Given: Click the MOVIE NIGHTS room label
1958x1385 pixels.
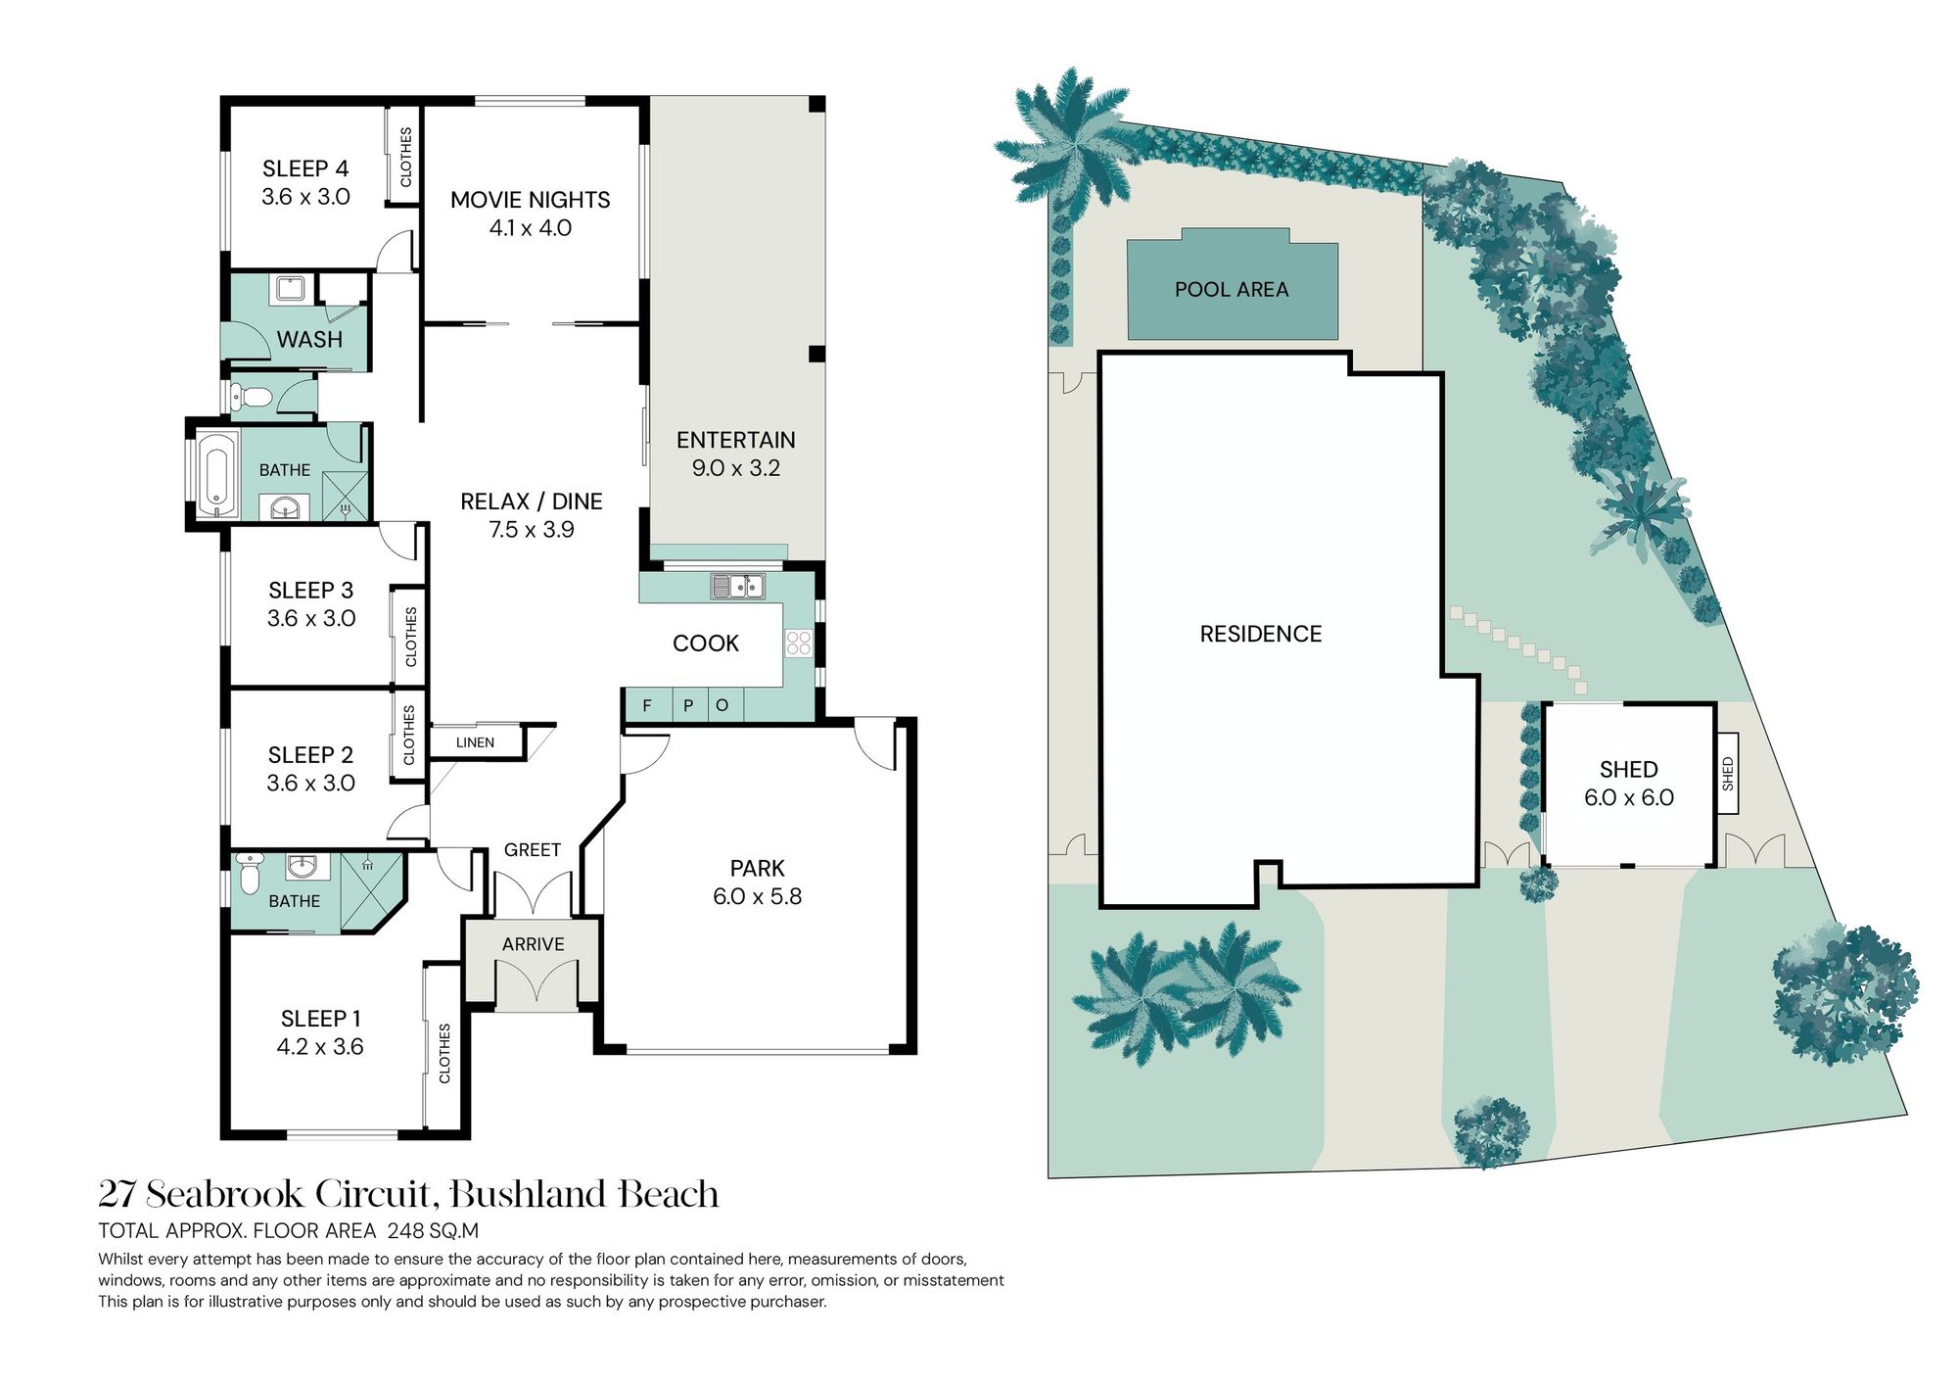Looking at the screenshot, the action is pyautogui.click(x=530, y=200).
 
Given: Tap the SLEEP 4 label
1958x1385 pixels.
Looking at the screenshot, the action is pyautogui.click(x=305, y=168).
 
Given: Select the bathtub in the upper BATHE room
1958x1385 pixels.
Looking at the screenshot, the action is pyautogui.click(x=216, y=474).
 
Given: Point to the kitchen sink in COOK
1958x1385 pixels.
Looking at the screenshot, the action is pyautogui.click(x=737, y=586).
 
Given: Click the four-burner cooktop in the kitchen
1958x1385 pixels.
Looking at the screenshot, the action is pyautogui.click(x=798, y=643).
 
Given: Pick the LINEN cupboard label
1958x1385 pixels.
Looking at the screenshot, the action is pyautogui.click(x=475, y=742).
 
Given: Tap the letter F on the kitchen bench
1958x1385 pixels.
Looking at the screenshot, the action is pyautogui.click(x=647, y=705).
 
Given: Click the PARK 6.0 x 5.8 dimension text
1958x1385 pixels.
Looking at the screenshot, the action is pyautogui.click(x=757, y=896).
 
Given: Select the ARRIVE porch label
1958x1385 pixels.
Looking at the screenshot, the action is pyautogui.click(x=533, y=944).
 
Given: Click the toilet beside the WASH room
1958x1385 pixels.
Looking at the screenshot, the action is pyautogui.click(x=251, y=397).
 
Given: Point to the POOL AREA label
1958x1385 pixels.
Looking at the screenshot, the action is pyautogui.click(x=1232, y=290).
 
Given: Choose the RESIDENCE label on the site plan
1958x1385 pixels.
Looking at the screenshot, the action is pyautogui.click(x=1261, y=634).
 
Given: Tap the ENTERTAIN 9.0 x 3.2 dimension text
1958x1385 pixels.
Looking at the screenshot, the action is pyautogui.click(x=736, y=468).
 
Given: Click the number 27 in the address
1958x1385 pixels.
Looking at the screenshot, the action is pyautogui.click(x=117, y=1194).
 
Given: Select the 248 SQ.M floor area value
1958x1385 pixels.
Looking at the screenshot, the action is pyautogui.click(x=433, y=1231).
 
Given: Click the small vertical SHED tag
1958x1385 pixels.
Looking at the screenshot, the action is pyautogui.click(x=1728, y=774).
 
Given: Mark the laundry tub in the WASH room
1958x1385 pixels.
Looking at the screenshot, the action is pyautogui.click(x=291, y=289).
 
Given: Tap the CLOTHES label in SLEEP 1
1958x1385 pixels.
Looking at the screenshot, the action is pyautogui.click(x=444, y=1053).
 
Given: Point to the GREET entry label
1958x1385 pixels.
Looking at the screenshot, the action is pyautogui.click(x=533, y=850).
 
